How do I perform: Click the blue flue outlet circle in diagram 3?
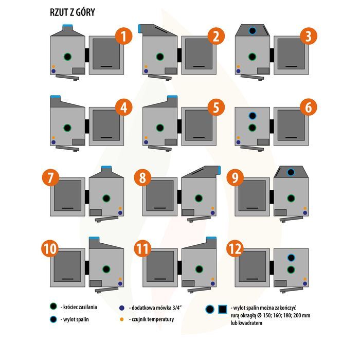tap(252, 31)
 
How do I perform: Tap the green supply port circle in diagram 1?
tap(67, 56)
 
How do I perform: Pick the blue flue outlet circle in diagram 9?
tap(291, 172)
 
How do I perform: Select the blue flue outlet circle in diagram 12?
tap(291, 257)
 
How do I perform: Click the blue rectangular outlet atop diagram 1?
tap(67, 27)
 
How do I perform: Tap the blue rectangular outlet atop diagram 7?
tap(106, 168)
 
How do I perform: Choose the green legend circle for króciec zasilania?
tap(53, 307)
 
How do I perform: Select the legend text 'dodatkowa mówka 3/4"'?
tap(151, 307)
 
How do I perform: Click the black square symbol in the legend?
tap(223, 309)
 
